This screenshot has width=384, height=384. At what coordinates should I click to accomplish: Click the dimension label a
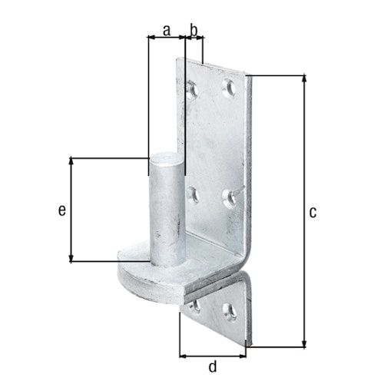click(x=165, y=31)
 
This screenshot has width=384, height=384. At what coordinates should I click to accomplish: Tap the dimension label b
click(x=194, y=31)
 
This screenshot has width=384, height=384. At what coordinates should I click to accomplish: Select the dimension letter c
click(x=313, y=212)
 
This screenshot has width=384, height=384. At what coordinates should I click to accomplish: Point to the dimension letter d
click(x=213, y=367)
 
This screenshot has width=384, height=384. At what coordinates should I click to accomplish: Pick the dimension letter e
click(x=62, y=209)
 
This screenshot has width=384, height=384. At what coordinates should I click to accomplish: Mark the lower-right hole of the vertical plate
click(x=228, y=198)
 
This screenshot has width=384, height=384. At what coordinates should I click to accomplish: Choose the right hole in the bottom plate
click(x=228, y=311)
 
